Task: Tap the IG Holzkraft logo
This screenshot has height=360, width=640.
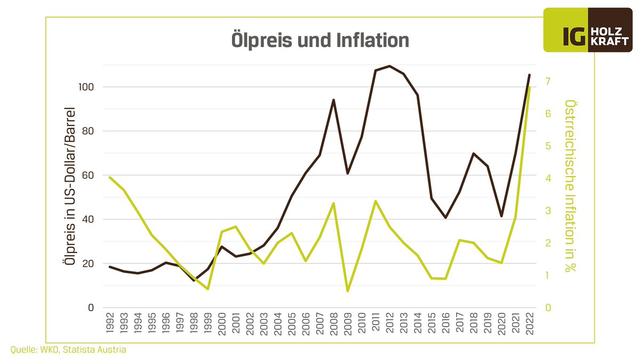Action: (x=591, y=30)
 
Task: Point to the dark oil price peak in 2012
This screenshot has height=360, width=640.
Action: (x=389, y=66)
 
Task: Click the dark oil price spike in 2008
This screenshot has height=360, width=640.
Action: (x=333, y=100)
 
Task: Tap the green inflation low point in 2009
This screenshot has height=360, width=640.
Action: (x=348, y=291)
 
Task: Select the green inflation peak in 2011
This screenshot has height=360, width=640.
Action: (x=375, y=201)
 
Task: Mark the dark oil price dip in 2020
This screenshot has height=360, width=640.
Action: (x=501, y=216)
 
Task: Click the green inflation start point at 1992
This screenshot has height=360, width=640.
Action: (x=110, y=178)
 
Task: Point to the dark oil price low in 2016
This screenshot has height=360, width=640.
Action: (x=445, y=218)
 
